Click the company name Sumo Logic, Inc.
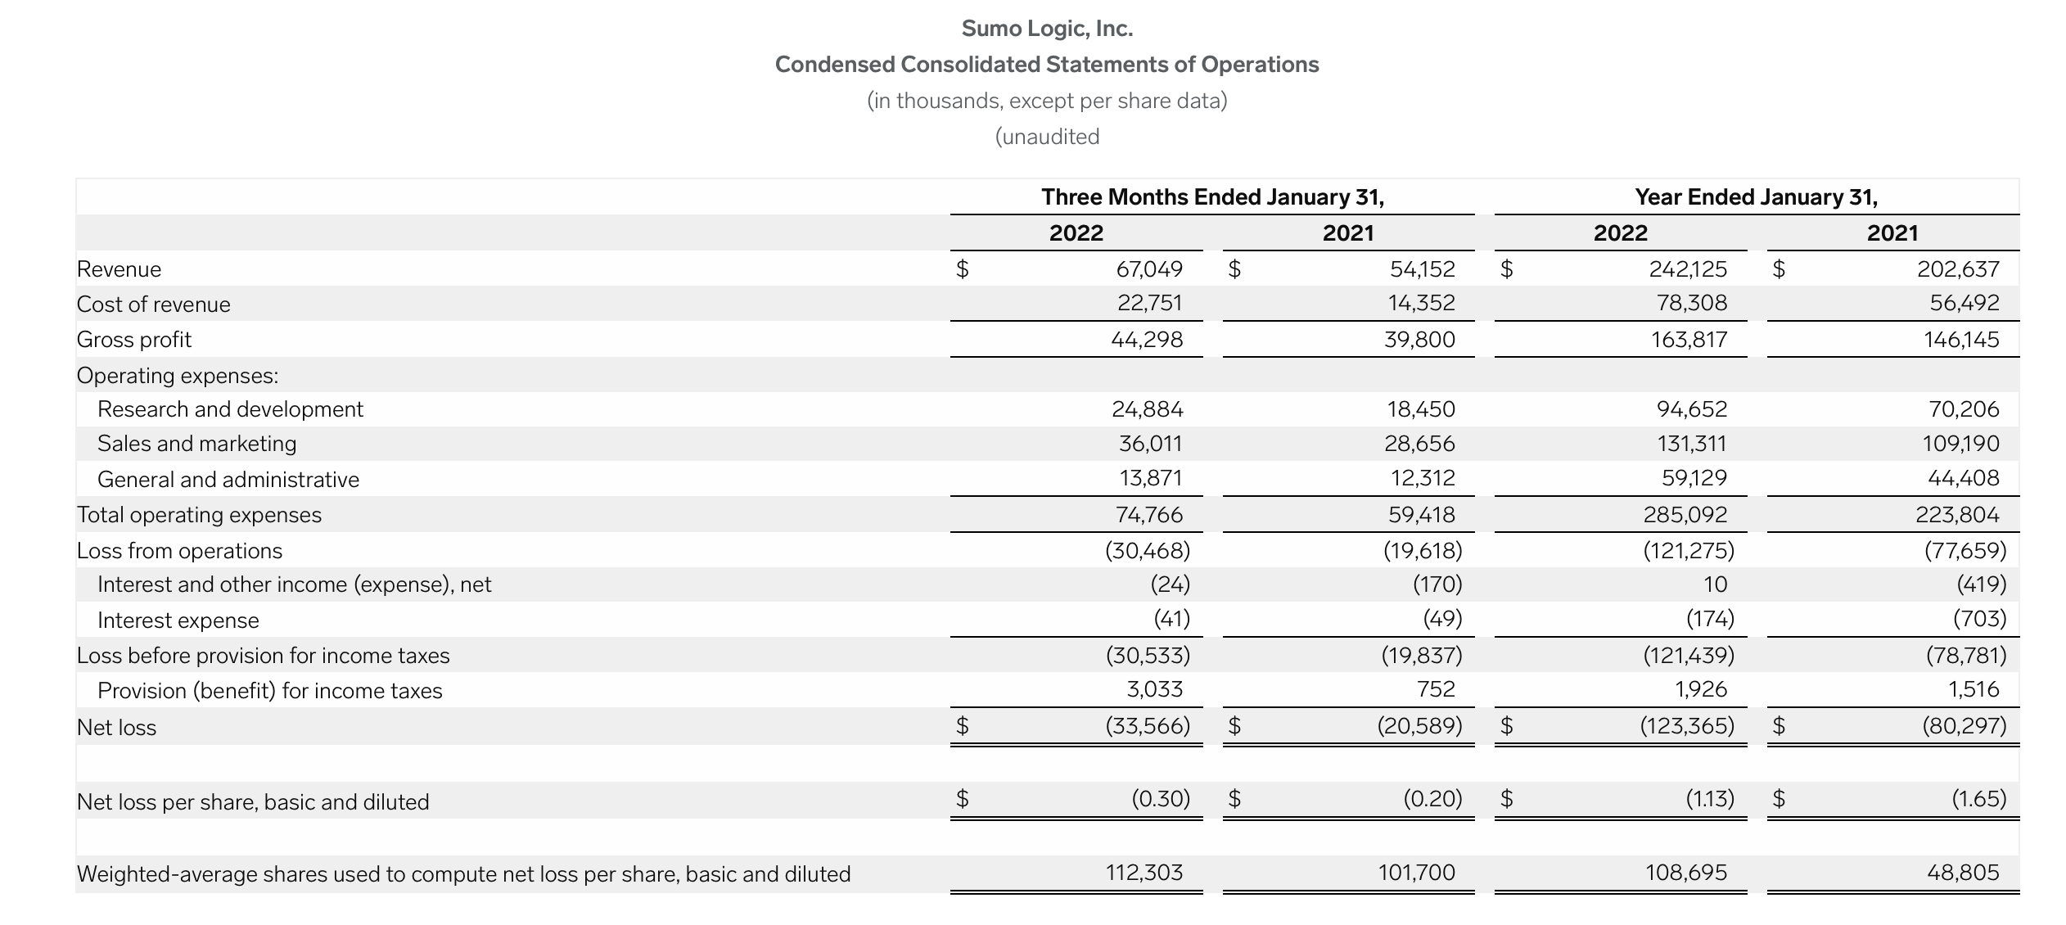click(1047, 29)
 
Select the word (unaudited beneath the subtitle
click(1047, 137)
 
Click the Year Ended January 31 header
click(1756, 197)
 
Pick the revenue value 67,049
click(1149, 268)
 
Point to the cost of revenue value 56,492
click(1964, 303)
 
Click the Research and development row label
click(230, 409)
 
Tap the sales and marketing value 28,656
click(1419, 444)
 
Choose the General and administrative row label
click(228, 480)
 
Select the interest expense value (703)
click(1979, 619)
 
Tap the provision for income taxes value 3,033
click(1154, 689)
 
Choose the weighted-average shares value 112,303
click(1144, 873)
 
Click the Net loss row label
click(116, 727)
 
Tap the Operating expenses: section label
click(177, 376)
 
